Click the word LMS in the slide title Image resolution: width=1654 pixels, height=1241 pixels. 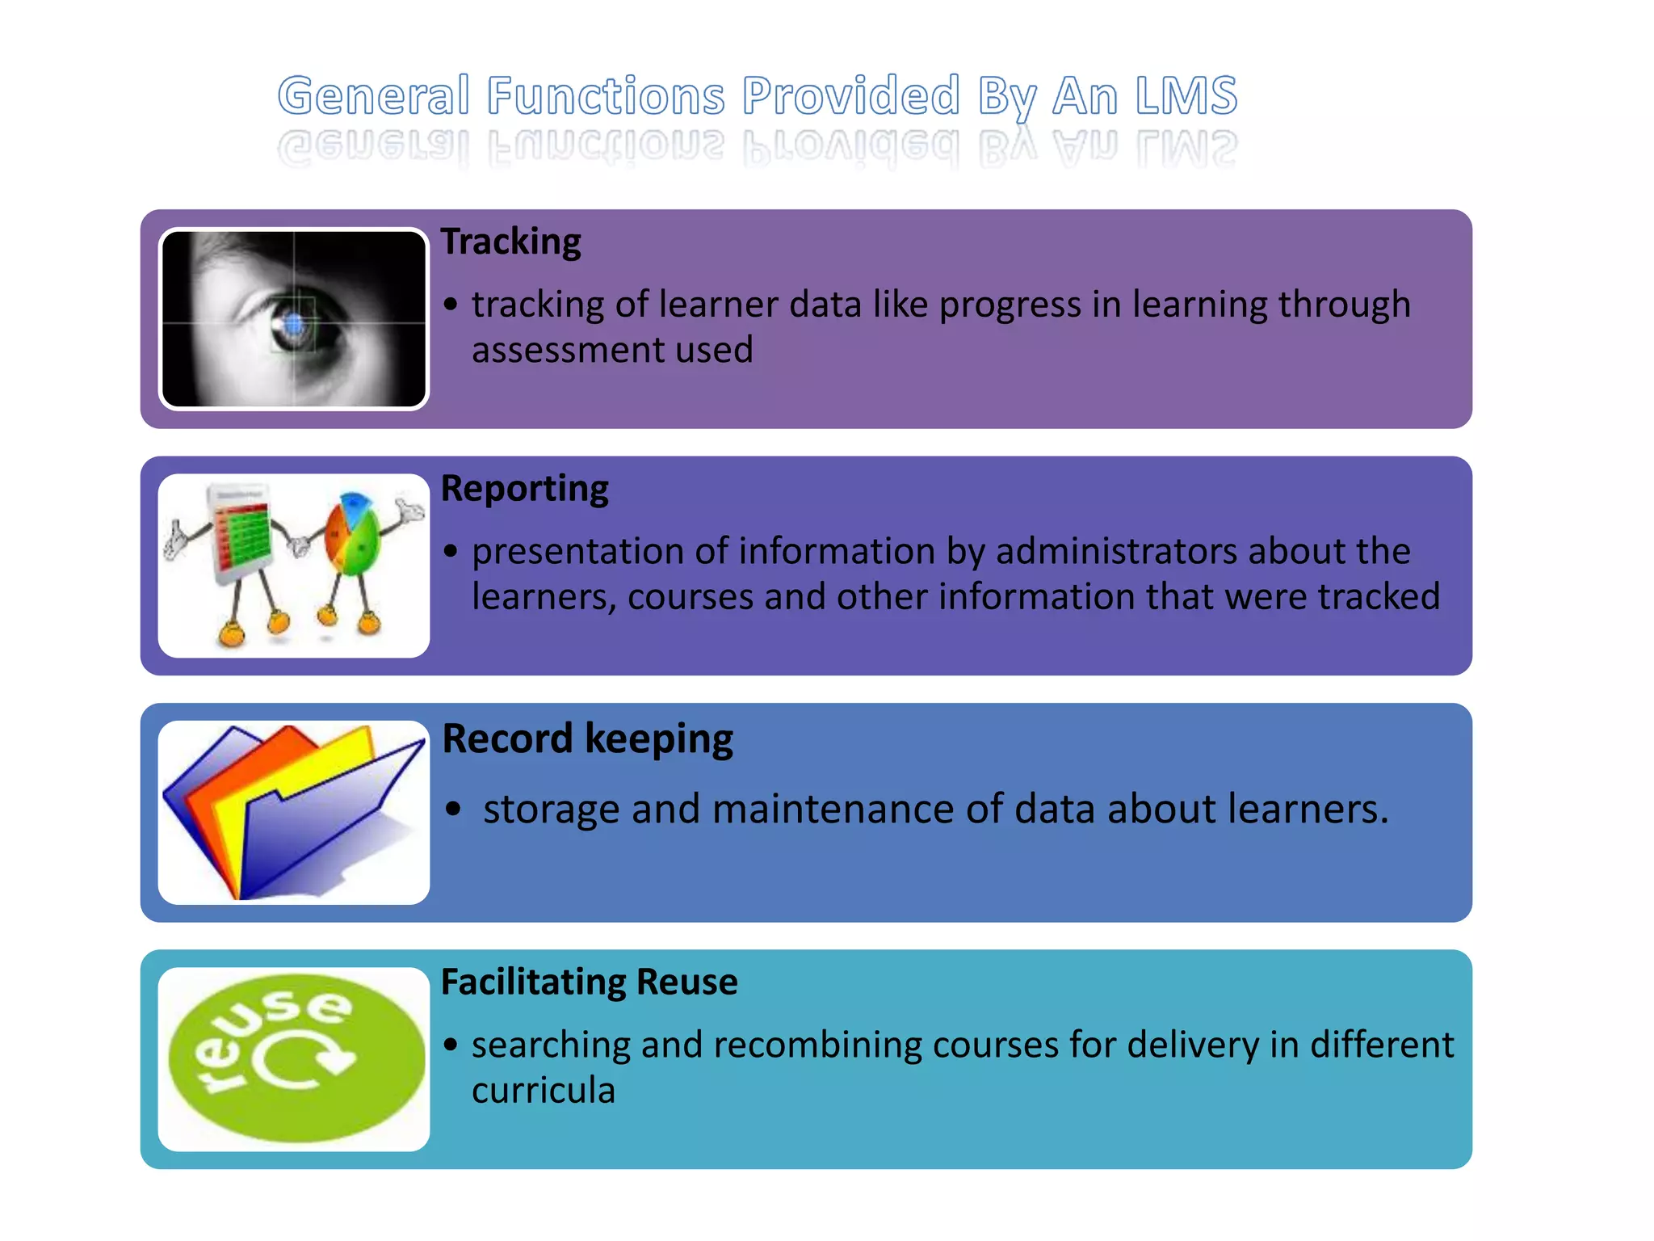(x=1185, y=96)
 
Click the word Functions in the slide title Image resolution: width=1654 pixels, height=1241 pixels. (x=606, y=96)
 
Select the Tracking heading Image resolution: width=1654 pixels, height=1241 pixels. (x=510, y=242)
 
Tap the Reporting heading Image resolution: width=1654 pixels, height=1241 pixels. (x=524, y=489)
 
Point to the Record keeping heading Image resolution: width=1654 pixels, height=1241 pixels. (x=587, y=738)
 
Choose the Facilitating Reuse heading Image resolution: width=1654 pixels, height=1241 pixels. (x=589, y=982)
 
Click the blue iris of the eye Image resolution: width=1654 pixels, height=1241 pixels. (x=294, y=325)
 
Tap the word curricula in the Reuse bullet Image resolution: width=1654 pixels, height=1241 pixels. (x=544, y=1091)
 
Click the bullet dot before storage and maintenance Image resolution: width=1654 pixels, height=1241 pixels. (x=454, y=809)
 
